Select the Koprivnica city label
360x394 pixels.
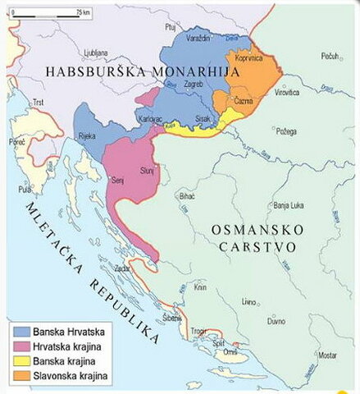coord(248,58)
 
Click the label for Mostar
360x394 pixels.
coord(327,355)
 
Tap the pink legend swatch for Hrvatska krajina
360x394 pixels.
coord(21,347)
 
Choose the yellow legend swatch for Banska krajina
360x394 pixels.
coord(21,361)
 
